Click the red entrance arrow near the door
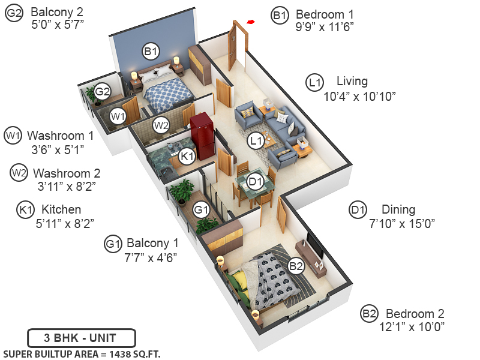click(x=251, y=23)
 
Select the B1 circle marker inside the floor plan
click(x=150, y=52)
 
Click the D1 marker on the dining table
click(x=256, y=181)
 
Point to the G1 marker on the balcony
click(x=201, y=211)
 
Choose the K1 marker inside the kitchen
click(x=188, y=156)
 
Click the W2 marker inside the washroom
click(x=160, y=125)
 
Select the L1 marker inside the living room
click(x=256, y=141)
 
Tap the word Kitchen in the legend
click(x=61, y=210)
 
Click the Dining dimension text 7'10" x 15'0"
click(x=401, y=223)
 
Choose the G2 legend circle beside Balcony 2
click(x=14, y=14)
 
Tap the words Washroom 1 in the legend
click(x=60, y=135)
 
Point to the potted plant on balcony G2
click(x=91, y=94)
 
